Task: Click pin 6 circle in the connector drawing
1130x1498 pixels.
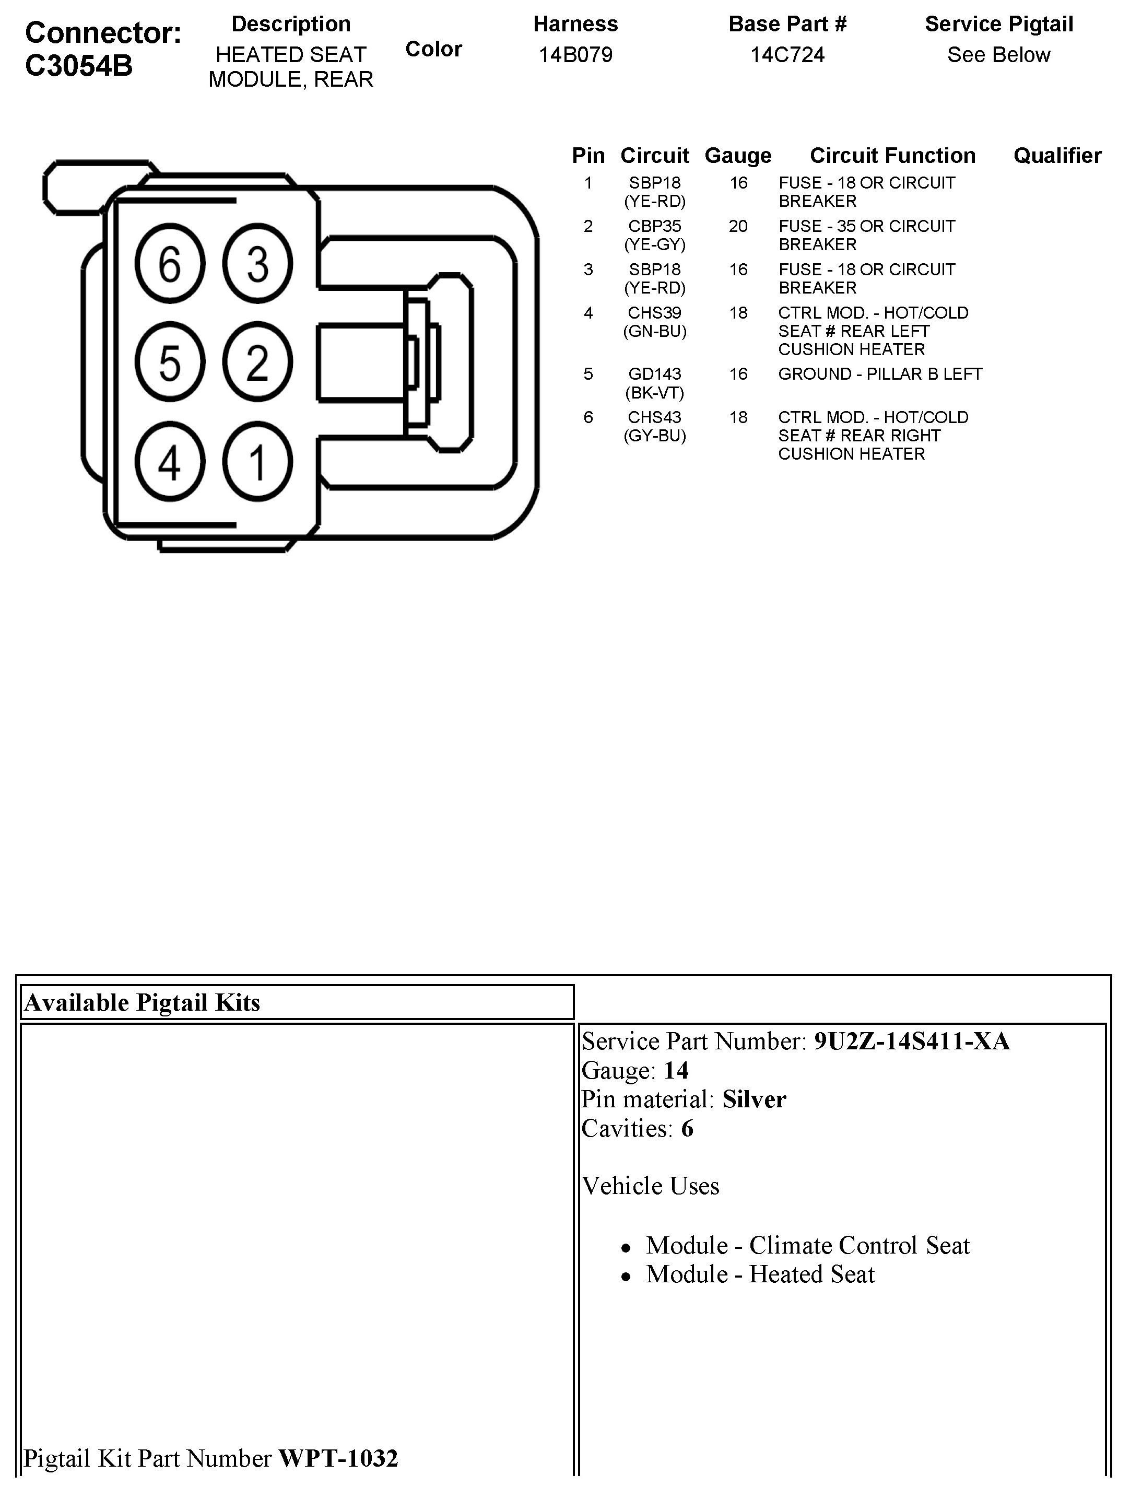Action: (x=169, y=263)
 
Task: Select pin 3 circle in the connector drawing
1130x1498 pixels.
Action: (x=257, y=263)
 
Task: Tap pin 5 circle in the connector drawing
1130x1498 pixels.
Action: (x=169, y=362)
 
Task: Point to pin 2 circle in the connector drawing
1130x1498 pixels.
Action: (x=257, y=362)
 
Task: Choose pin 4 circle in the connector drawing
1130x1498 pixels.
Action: (x=169, y=462)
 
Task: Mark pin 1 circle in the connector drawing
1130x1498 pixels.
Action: (x=257, y=462)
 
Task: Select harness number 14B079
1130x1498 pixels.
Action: (x=575, y=55)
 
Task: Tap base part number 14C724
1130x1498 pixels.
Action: (x=787, y=55)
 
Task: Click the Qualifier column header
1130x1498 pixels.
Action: (x=1057, y=156)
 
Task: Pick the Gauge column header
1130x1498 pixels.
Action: (x=738, y=156)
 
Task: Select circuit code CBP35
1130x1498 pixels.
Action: (x=655, y=226)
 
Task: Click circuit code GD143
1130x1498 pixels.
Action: (x=655, y=374)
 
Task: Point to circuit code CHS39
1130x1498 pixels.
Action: (x=655, y=313)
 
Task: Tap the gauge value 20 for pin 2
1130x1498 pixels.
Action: (x=738, y=226)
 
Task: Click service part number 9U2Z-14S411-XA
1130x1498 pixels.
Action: (x=911, y=1041)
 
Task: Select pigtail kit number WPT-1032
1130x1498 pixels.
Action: (x=338, y=1457)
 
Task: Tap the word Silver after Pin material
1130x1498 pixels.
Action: (x=754, y=1099)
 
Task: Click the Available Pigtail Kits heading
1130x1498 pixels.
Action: (x=142, y=1002)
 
